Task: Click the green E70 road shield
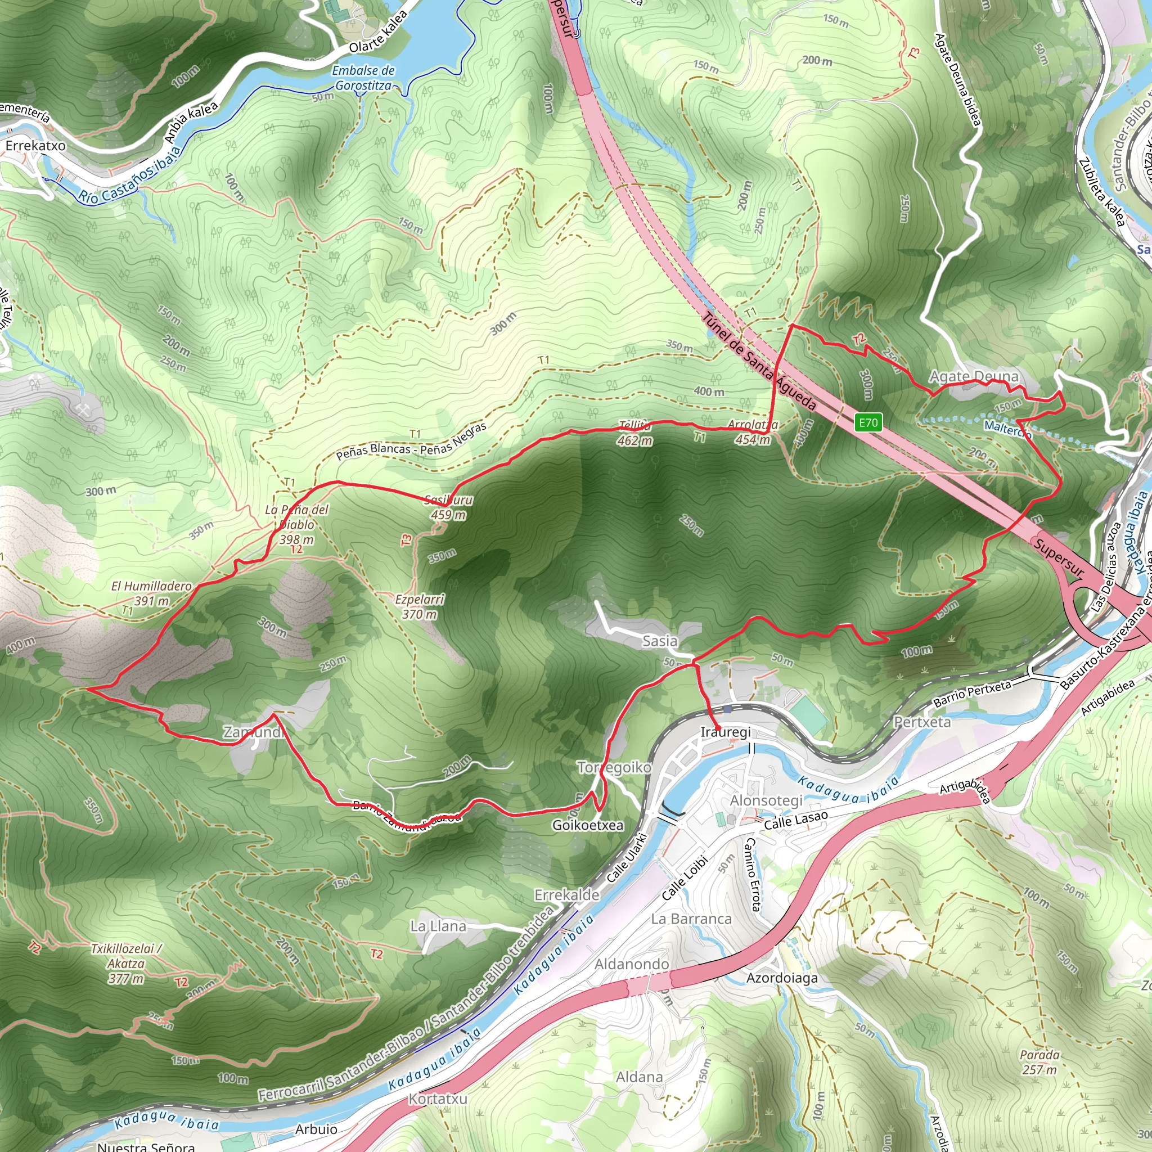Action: [x=867, y=423]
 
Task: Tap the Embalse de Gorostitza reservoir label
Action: [x=363, y=78]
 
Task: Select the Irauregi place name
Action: [x=725, y=732]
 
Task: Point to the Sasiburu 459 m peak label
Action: [x=449, y=507]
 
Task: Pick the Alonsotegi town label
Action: [x=766, y=800]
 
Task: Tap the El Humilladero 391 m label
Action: [x=151, y=593]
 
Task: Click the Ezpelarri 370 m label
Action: [x=420, y=606]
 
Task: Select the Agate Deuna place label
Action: [x=974, y=376]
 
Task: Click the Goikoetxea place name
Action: [x=587, y=825]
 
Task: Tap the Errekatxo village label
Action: [x=36, y=146]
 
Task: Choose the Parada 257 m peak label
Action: [x=1040, y=1062]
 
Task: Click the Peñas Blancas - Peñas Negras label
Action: [x=411, y=441]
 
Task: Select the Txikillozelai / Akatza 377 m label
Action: [x=127, y=964]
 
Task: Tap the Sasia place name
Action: [x=659, y=641]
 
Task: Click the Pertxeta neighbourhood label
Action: [x=922, y=722]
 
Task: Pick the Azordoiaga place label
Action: [x=782, y=978]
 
